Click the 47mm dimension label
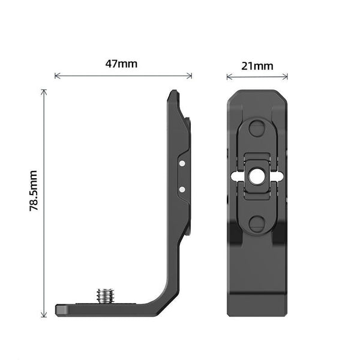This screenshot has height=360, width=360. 121,64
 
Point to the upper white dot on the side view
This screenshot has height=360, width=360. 182,163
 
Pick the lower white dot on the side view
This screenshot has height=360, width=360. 182,189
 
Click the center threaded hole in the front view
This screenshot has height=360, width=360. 257,176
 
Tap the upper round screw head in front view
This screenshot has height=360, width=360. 257,128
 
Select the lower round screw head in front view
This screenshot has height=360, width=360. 257,223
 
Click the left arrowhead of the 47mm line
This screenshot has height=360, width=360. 56,76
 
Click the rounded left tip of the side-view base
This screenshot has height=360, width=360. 58,310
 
